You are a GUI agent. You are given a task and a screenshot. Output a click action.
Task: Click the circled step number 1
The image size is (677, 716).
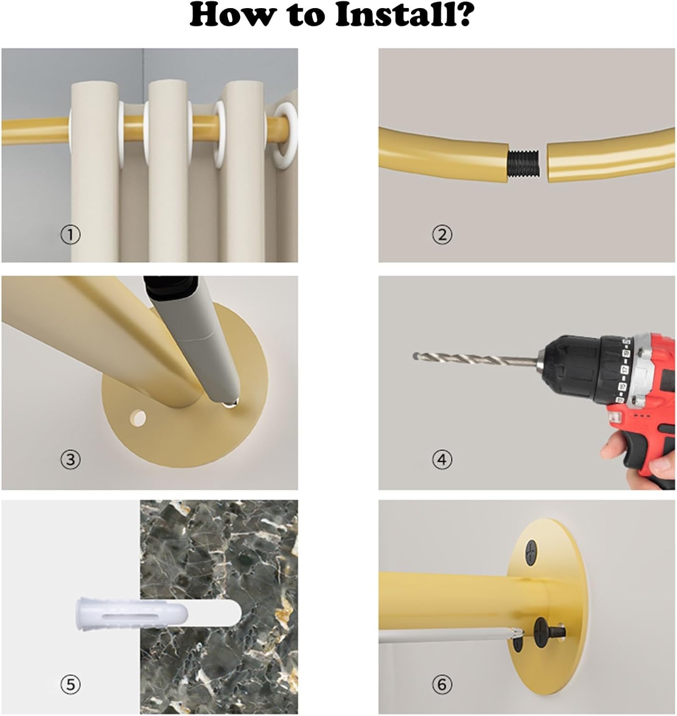tap(70, 235)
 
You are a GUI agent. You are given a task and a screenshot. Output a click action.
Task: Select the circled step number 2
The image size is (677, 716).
tap(442, 235)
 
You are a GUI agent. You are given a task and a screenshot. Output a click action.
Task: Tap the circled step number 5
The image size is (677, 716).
tap(70, 684)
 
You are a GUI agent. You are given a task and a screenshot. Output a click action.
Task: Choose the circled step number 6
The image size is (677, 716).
tap(442, 684)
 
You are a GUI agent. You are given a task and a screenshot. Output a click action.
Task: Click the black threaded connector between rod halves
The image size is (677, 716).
tap(524, 164)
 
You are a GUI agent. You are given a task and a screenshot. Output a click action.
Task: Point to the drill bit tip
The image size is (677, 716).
tap(416, 355)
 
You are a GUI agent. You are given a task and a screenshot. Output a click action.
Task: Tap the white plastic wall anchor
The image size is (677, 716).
tap(133, 614)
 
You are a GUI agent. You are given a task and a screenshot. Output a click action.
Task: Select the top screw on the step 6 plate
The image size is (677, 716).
tap(531, 552)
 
